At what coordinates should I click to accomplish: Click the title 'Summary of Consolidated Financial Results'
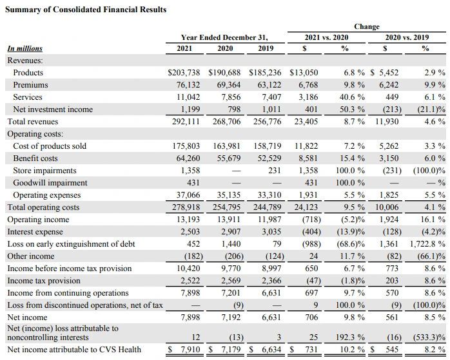point(86,10)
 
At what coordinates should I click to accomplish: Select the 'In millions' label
point(24,48)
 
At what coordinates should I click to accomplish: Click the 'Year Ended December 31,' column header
point(224,37)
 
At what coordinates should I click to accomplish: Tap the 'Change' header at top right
point(366,26)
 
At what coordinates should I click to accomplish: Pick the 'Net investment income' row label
point(53,109)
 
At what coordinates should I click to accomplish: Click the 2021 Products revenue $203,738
point(184,73)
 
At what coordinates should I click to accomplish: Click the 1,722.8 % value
point(427,244)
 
